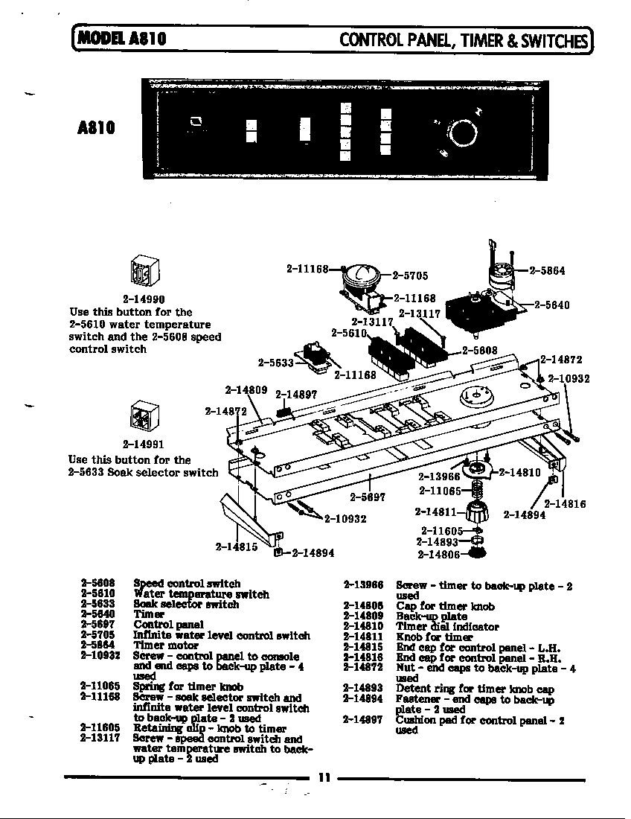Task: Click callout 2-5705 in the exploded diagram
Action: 410,275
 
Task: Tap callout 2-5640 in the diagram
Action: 552,305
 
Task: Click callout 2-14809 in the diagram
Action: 246,389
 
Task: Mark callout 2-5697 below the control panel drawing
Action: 368,497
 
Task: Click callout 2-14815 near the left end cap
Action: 237,546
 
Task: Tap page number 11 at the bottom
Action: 324,778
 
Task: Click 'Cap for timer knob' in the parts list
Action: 445,606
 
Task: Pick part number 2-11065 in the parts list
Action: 101,686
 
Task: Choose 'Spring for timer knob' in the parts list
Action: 188,686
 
